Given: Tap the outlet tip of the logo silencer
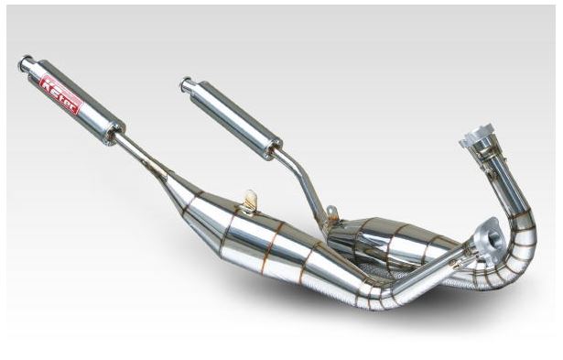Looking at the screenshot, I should coord(25,63).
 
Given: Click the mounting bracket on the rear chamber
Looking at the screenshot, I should coord(330,216).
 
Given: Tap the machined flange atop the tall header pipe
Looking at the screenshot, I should coord(477,139).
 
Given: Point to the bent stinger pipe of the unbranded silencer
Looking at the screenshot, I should coord(302,178).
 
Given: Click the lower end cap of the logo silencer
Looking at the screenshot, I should coord(114,132).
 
